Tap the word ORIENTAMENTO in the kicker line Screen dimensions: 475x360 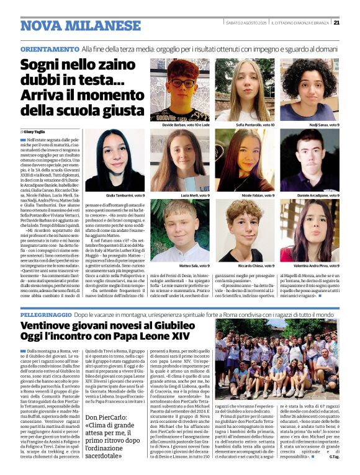50,48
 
